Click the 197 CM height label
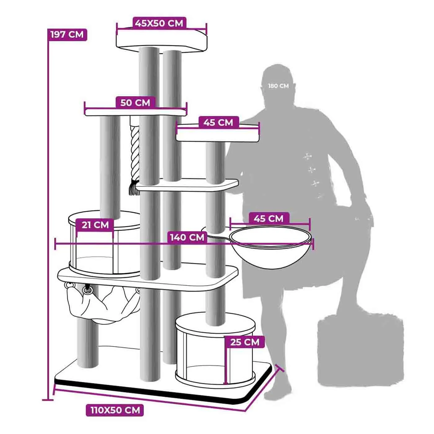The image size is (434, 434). [67, 34]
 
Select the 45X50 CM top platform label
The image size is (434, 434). [159, 23]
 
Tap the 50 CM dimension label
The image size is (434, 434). [135, 102]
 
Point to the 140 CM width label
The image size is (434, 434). [187, 237]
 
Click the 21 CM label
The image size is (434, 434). [95, 225]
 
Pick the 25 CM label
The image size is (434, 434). [245, 342]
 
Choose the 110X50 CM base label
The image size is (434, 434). [115, 410]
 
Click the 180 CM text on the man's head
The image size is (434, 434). [278, 86]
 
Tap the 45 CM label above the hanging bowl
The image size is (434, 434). [268, 219]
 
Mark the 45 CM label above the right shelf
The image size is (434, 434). [218, 122]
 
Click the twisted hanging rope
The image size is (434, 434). [135, 152]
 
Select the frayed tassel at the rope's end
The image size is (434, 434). [134, 188]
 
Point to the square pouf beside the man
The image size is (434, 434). [360, 350]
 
